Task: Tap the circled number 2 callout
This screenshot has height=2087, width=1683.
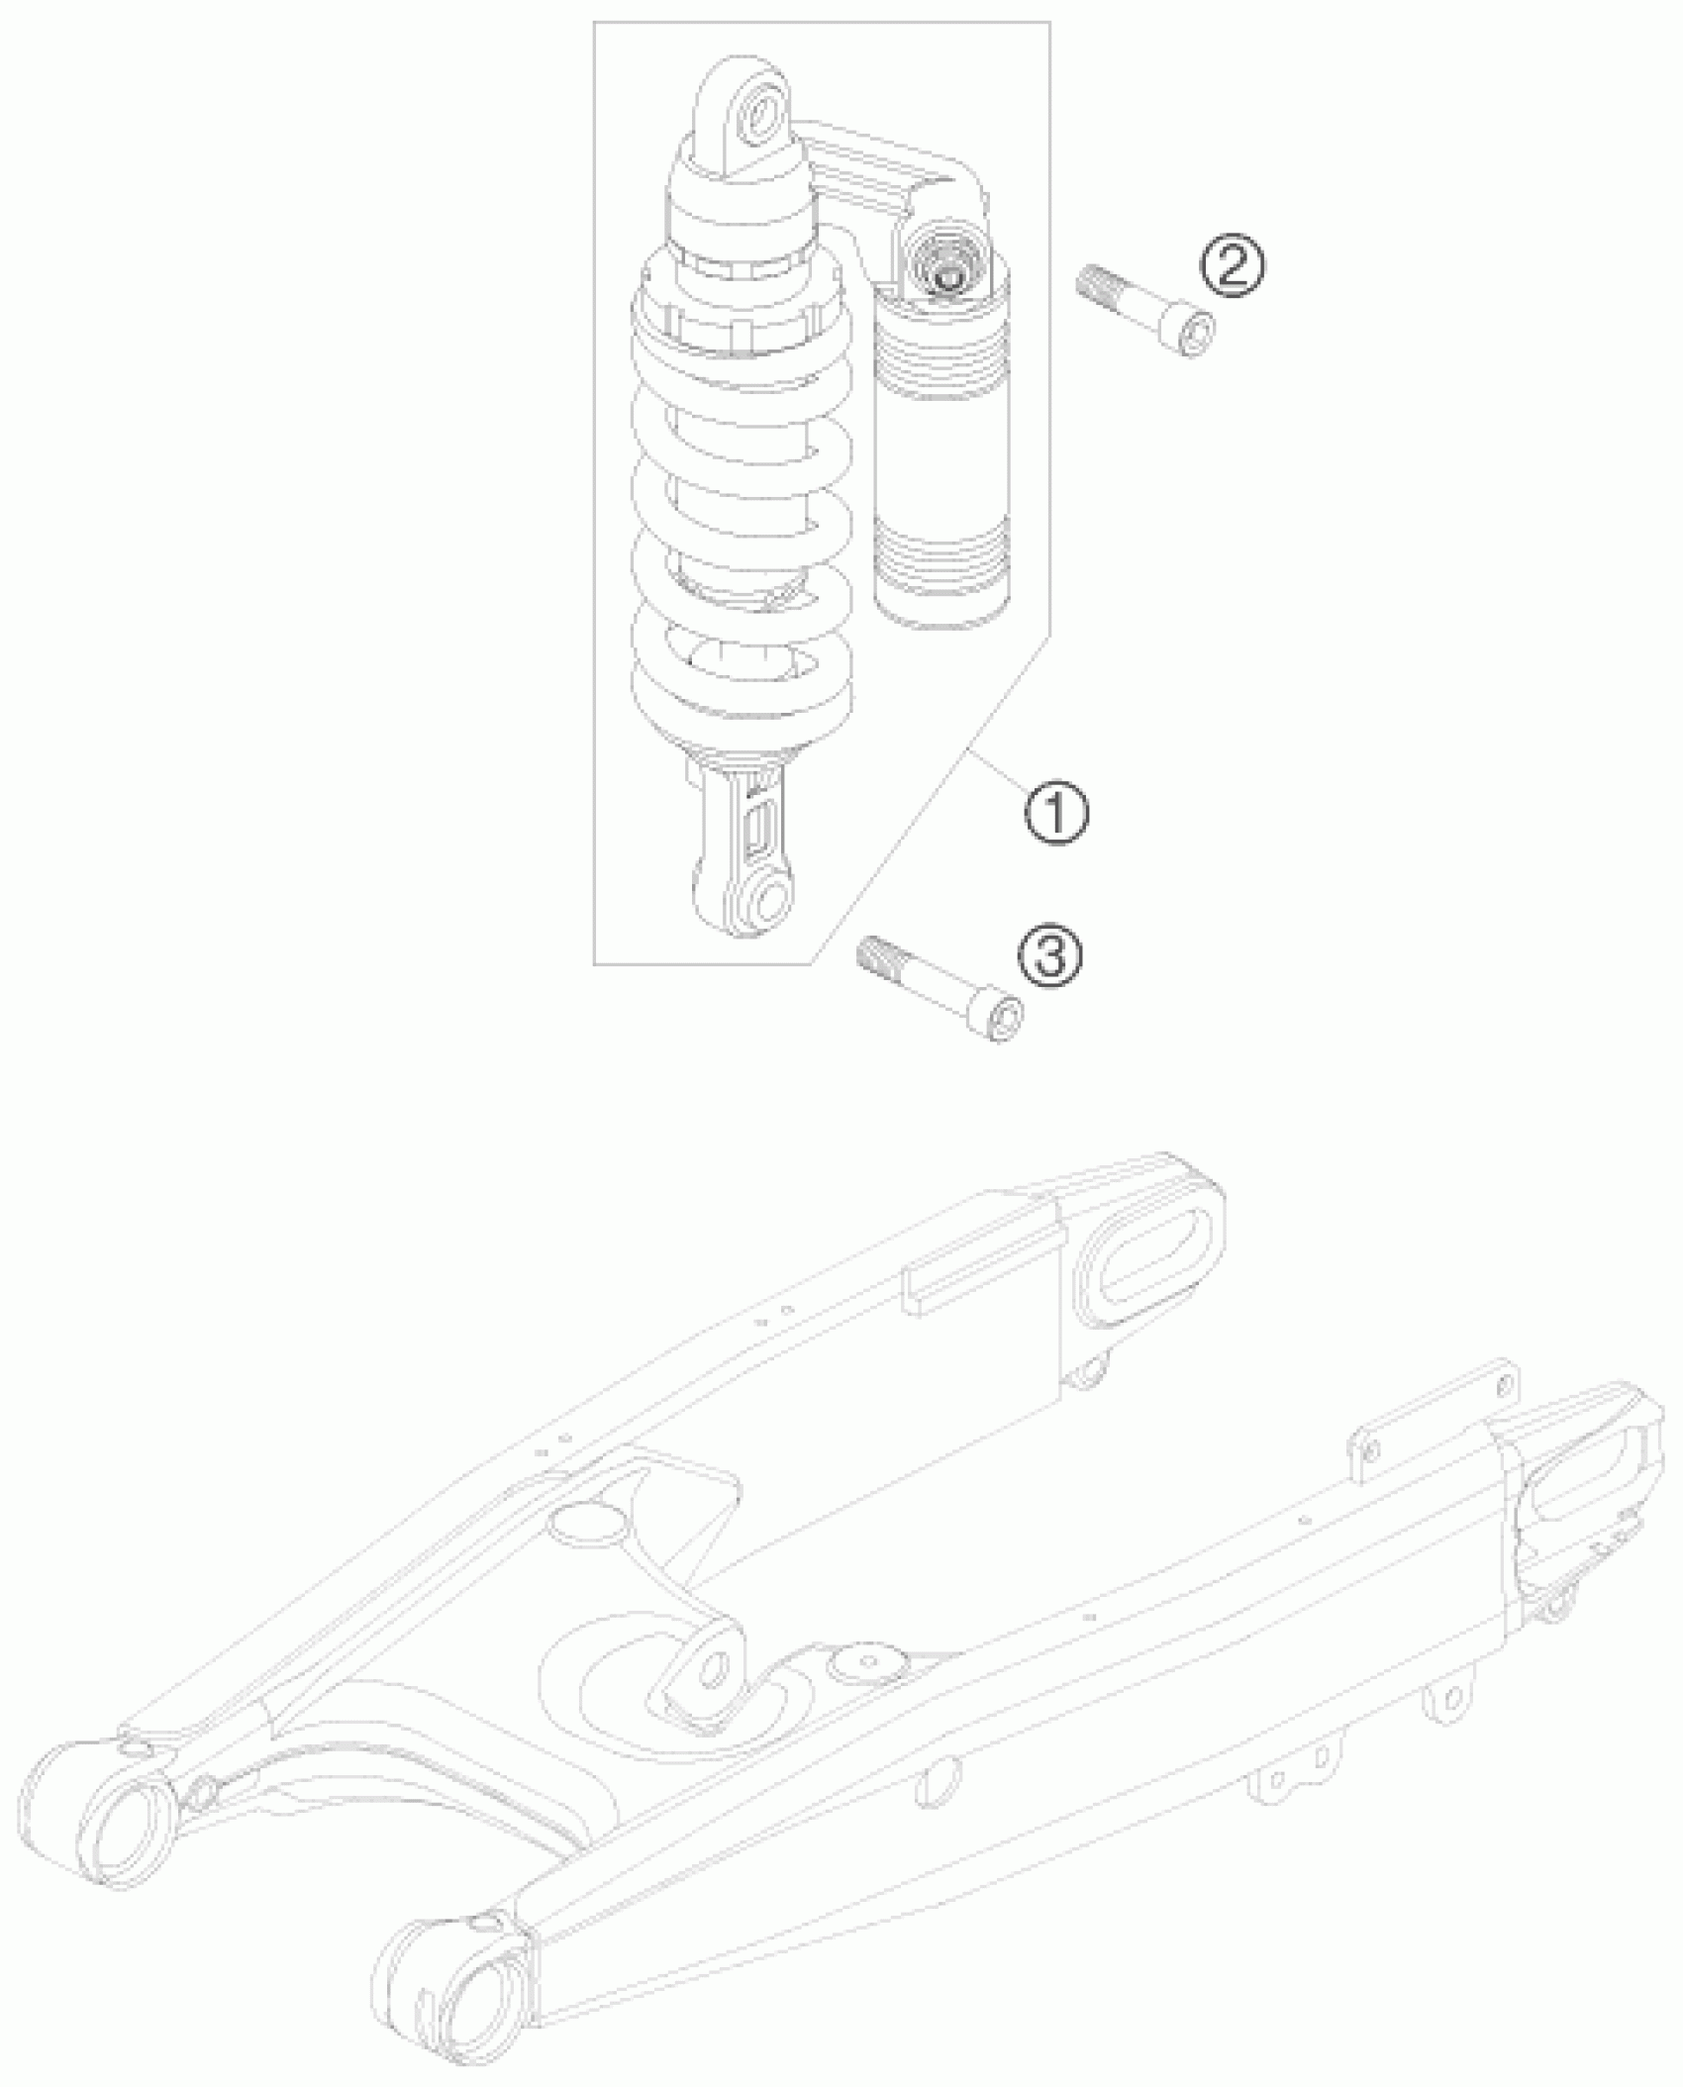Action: tap(1233, 266)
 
